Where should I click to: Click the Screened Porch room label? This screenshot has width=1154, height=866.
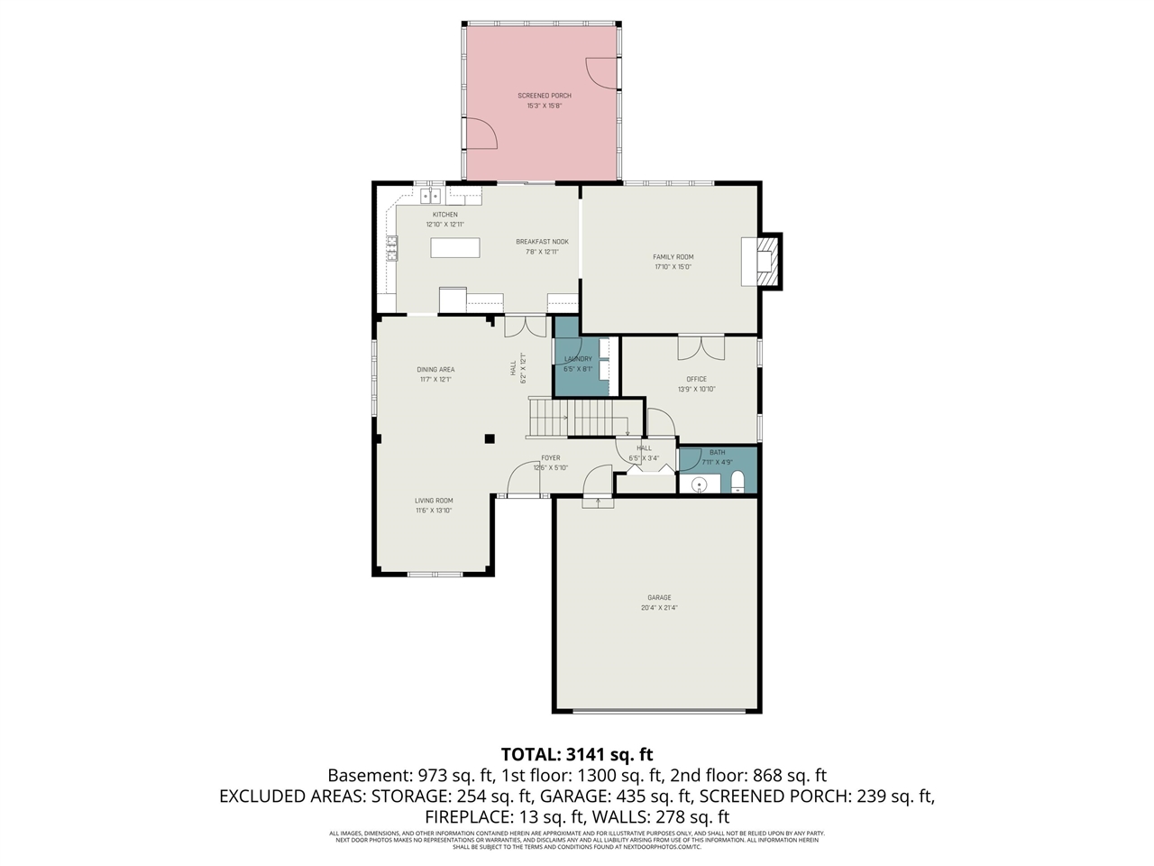click(x=544, y=96)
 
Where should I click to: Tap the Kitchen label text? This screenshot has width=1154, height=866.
click(x=444, y=215)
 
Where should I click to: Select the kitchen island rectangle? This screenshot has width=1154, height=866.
click(x=455, y=247)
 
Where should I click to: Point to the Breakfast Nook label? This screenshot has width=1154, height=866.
click(x=542, y=242)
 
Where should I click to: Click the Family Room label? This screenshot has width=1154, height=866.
click(x=673, y=257)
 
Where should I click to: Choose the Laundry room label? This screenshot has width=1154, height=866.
click(x=578, y=359)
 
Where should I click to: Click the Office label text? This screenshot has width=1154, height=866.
click(x=696, y=379)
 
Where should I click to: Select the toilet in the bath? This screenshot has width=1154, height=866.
click(x=737, y=480)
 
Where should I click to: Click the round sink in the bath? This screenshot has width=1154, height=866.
click(x=699, y=485)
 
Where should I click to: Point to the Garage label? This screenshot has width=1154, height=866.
click(x=658, y=597)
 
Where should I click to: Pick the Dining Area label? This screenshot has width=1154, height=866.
click(x=435, y=369)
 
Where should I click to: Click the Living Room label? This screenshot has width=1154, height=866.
click(x=434, y=501)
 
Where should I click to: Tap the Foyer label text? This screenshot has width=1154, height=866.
click(x=550, y=458)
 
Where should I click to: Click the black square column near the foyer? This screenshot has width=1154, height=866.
click(x=490, y=439)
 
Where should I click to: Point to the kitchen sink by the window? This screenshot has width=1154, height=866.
click(x=430, y=195)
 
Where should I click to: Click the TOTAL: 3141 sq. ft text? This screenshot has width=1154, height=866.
click(x=577, y=754)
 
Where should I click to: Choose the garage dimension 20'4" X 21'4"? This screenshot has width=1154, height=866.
click(x=658, y=608)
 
